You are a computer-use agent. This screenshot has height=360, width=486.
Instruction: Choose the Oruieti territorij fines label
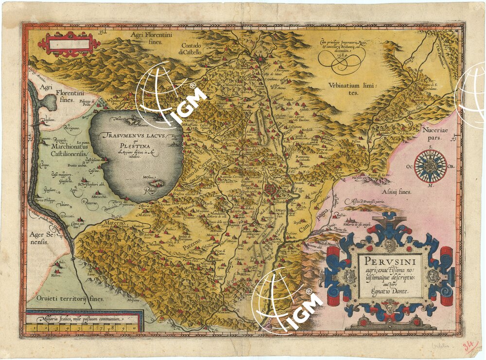click(67, 298)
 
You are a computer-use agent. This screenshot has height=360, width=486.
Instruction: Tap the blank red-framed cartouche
click(69, 45)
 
